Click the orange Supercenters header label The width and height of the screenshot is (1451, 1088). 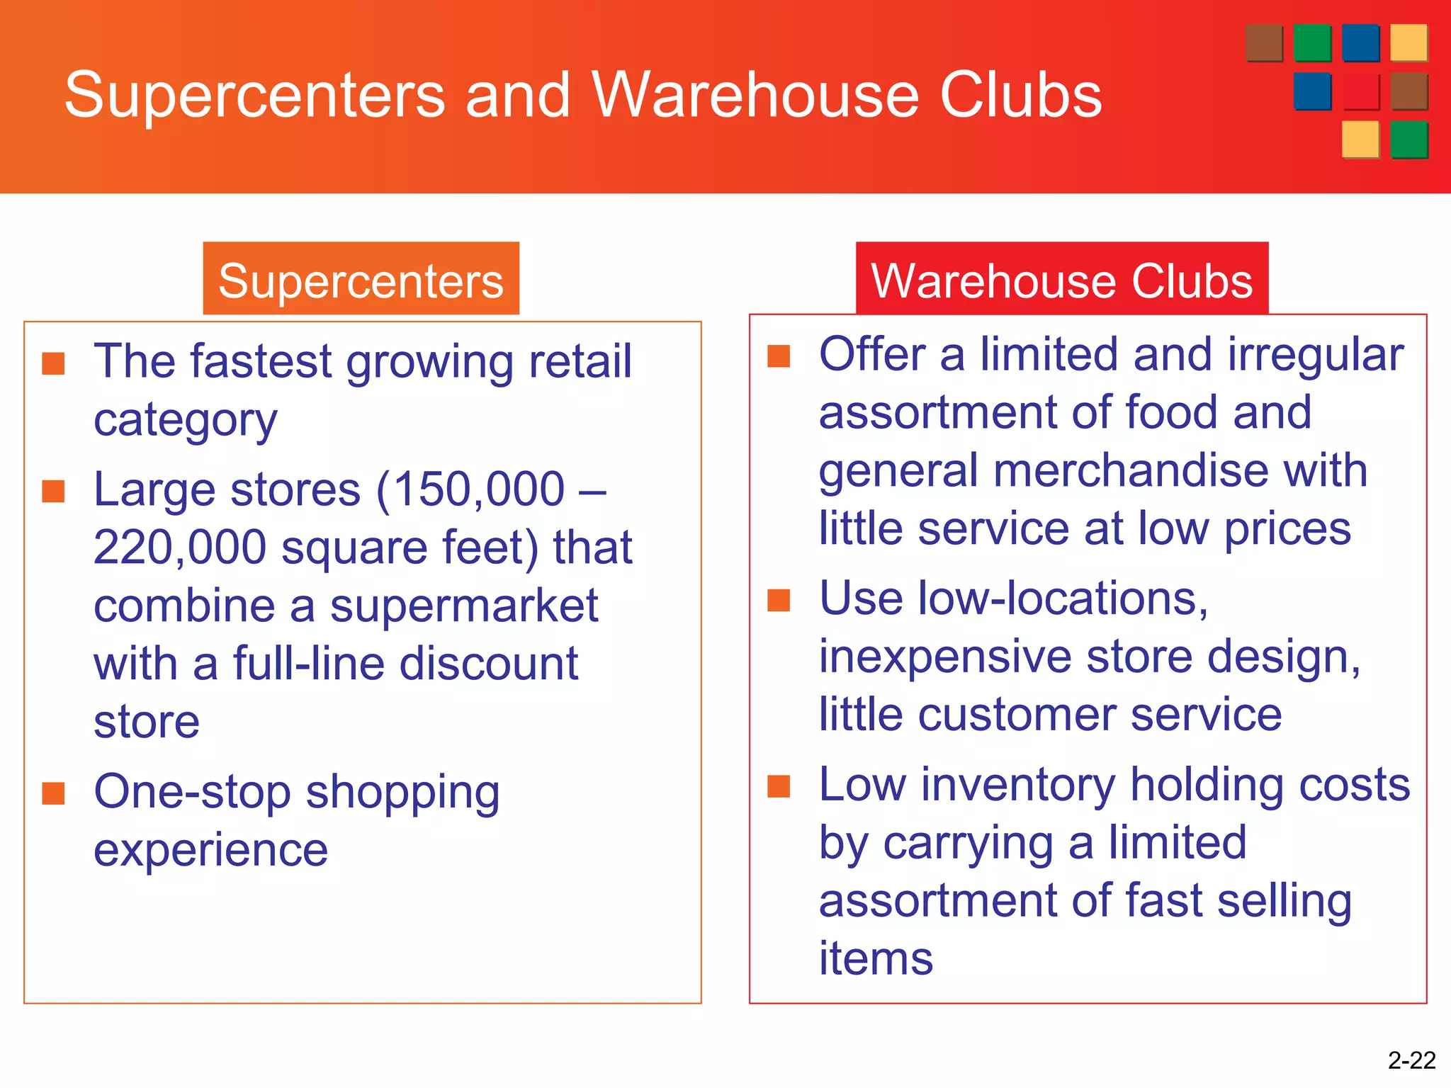tap(361, 280)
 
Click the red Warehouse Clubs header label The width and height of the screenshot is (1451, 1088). tap(1061, 280)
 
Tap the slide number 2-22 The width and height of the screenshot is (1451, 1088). tap(1411, 1060)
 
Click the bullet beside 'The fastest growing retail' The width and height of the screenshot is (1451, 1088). tap(53, 363)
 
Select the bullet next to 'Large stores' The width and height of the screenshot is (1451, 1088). tap(53, 491)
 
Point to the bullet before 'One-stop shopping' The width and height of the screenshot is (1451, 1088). tap(53, 793)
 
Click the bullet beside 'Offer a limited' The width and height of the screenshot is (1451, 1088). tap(779, 356)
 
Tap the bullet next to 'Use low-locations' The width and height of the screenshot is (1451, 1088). tap(779, 600)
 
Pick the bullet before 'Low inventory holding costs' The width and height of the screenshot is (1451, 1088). tap(779, 786)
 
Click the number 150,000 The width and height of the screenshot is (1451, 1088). tap(478, 489)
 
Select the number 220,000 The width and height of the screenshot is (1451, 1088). tap(180, 548)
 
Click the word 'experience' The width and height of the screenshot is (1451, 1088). tap(210, 850)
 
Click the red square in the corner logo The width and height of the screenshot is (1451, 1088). tap(1360, 91)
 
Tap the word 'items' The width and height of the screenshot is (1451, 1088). tap(876, 959)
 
